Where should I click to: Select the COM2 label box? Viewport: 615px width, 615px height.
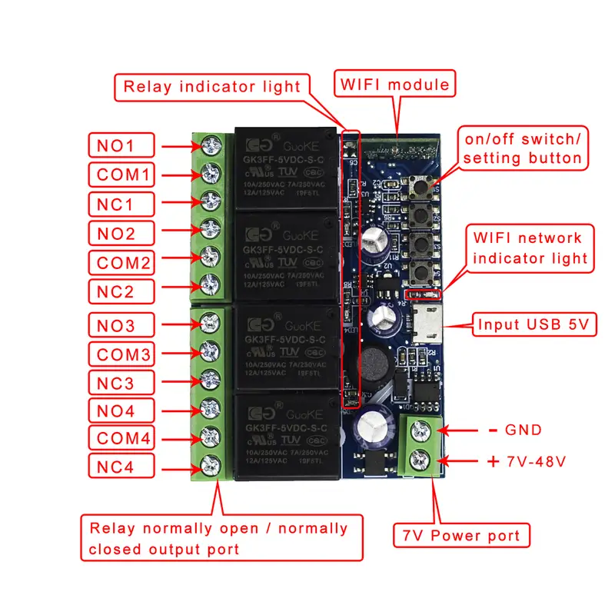[121, 262]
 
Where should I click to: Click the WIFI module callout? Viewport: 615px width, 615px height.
[394, 83]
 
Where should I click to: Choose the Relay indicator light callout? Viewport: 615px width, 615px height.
[213, 86]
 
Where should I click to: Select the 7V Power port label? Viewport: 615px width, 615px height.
[461, 535]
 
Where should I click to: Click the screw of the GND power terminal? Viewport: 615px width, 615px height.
[421, 430]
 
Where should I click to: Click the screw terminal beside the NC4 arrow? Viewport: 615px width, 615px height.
[208, 464]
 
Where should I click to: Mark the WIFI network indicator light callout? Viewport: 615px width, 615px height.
[530, 248]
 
